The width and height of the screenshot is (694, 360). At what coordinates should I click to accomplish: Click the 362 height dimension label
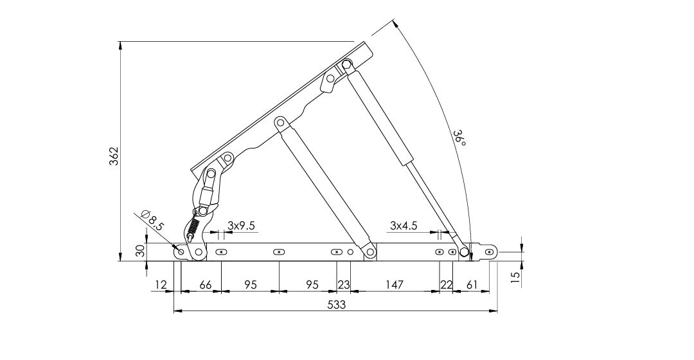coord(114,156)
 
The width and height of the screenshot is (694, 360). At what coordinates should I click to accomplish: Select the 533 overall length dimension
coord(336,305)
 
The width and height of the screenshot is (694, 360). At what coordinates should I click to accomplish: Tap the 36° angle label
coord(459,138)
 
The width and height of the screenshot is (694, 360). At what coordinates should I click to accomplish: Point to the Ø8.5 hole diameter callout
coord(152,220)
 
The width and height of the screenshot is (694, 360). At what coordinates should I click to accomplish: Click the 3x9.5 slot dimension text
coord(241,226)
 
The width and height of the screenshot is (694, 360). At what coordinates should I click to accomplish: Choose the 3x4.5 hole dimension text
coord(404,226)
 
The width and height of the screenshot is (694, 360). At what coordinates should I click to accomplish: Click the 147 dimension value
coord(394,285)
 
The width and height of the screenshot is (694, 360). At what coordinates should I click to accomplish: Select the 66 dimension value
coord(206,285)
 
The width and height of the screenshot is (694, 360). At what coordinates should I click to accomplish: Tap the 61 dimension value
coord(472,285)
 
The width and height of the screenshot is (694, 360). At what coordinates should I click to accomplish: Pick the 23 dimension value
coord(343,285)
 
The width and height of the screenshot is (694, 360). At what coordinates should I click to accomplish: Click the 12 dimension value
coord(161,285)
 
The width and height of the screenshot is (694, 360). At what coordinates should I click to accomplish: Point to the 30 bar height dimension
coord(140,251)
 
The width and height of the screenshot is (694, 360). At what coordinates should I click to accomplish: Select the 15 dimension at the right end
coord(515,278)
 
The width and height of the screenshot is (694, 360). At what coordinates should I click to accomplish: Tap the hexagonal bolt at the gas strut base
coord(463,253)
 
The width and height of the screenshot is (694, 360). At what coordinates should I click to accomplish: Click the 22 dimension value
coord(446,285)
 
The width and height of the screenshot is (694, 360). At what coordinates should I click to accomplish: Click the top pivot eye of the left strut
coord(280,122)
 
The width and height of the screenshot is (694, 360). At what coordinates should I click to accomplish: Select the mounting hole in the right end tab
coord(489,252)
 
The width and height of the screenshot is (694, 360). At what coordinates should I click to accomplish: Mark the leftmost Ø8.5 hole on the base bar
coord(181,251)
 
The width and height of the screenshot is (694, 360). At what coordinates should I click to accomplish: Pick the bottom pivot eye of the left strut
coord(369,253)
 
